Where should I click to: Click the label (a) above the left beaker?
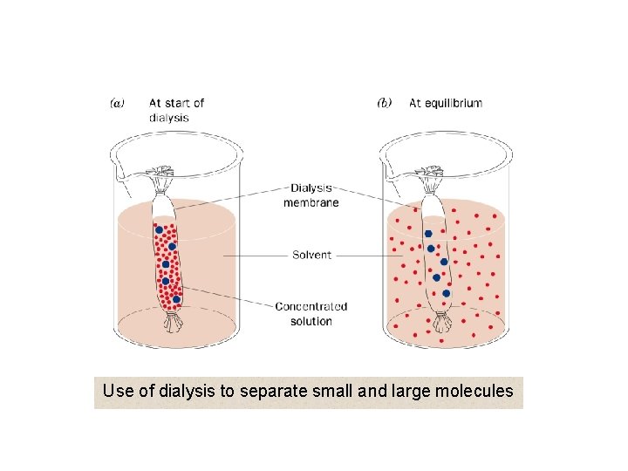pos(117,103)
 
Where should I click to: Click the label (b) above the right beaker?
pos(384,103)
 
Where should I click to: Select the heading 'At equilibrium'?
pos(445,103)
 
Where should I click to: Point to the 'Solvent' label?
pos(311,256)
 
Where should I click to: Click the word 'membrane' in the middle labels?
pos(311,202)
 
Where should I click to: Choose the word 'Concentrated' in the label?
pos(311,306)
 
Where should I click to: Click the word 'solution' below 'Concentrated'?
pos(311,321)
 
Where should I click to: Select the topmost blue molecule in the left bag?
pos(159,231)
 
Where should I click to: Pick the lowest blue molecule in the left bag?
pos(176,299)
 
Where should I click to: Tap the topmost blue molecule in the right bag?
pos(428,234)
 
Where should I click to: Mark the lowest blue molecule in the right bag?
pos(447,293)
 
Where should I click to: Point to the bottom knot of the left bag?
pos(173,324)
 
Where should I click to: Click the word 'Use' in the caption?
pos(117,392)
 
